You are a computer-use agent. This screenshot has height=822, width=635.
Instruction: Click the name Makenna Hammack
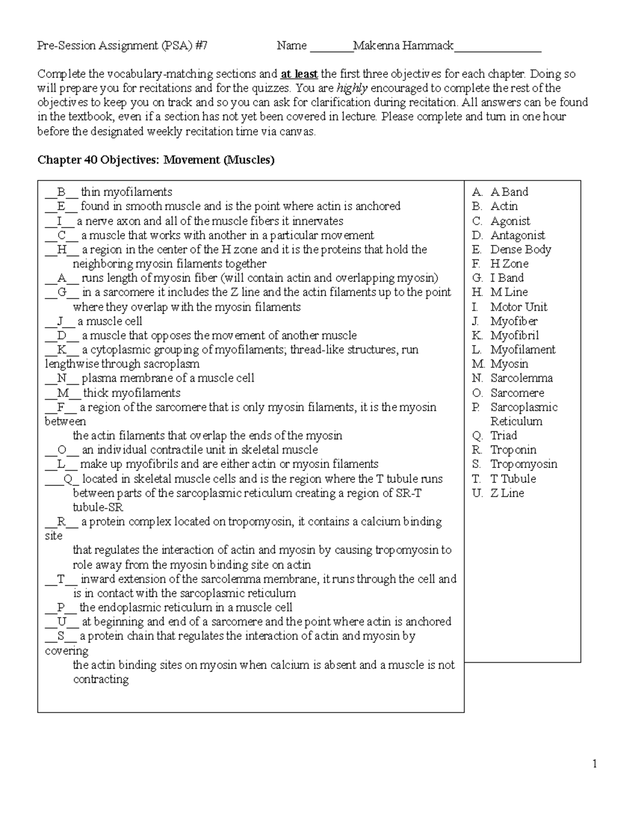click(403, 46)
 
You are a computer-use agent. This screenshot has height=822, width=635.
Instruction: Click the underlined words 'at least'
click(299, 74)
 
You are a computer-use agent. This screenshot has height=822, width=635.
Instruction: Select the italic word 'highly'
click(352, 88)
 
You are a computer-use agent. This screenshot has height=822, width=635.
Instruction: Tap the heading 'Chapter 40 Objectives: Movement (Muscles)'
click(156, 160)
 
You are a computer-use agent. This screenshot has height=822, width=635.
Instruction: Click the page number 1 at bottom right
click(595, 763)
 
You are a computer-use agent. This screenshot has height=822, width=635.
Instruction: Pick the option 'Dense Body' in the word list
click(520, 249)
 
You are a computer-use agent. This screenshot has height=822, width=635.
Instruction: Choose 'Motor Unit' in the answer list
click(518, 307)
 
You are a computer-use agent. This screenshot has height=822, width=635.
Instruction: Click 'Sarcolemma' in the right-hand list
click(521, 378)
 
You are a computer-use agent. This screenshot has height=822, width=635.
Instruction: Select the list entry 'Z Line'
click(507, 493)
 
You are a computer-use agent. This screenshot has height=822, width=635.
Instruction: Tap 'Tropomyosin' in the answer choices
click(523, 464)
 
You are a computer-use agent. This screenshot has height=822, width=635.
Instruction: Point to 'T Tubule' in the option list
click(513, 478)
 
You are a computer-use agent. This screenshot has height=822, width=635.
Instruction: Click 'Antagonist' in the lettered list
click(517, 235)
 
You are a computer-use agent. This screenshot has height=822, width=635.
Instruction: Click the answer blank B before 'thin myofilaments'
click(61, 192)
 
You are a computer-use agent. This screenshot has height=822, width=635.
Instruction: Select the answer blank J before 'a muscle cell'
click(60, 321)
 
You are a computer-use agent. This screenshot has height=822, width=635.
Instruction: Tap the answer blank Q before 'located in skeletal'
click(67, 479)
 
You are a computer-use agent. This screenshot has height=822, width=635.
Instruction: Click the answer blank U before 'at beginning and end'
click(62, 622)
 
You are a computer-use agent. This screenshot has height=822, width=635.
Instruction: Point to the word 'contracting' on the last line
click(101, 680)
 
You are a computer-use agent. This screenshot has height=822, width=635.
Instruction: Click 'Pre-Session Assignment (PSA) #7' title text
click(122, 46)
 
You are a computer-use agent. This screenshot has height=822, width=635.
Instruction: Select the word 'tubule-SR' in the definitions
click(98, 508)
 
